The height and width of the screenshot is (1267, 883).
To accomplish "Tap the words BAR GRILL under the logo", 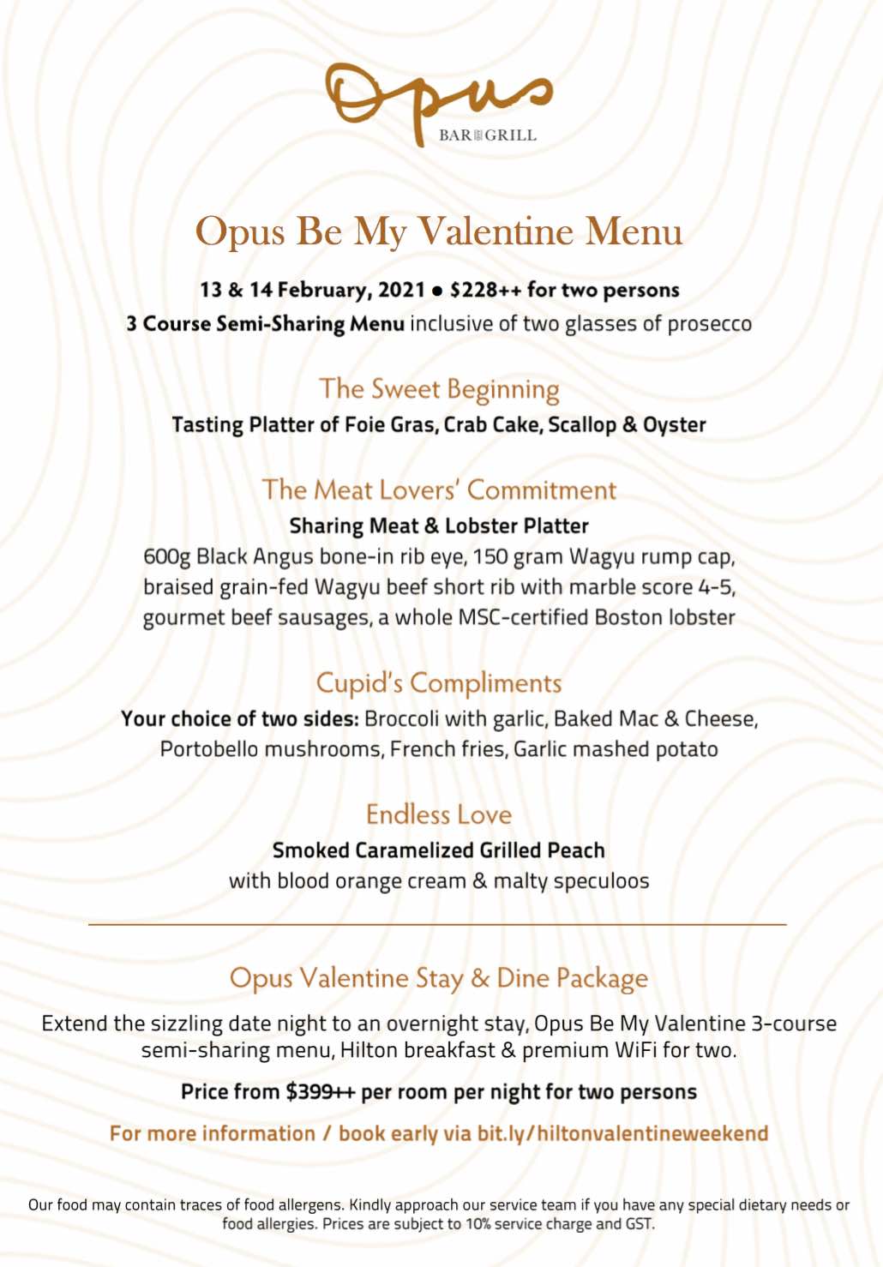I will [x=487, y=135].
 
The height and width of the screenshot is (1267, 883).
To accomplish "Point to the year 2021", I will [x=401, y=290].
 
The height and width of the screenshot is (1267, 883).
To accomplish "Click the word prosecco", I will [x=709, y=324].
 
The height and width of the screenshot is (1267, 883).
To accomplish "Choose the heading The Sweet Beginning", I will [x=439, y=389].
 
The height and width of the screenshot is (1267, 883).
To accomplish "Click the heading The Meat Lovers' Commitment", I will [x=439, y=489].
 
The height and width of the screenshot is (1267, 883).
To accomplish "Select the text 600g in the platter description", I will [x=166, y=557].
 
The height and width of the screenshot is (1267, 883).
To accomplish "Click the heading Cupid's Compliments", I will [x=439, y=683].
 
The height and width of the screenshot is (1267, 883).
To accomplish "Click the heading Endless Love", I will [x=439, y=814].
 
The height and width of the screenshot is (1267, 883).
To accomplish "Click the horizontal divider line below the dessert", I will [x=437, y=925].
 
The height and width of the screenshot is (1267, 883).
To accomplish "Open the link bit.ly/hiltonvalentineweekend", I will [x=622, y=1133].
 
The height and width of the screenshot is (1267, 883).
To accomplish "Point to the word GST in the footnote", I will [x=639, y=1223].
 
